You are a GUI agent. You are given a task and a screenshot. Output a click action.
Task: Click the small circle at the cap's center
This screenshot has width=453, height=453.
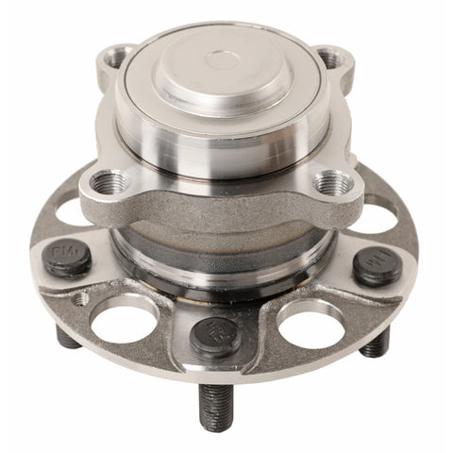pyautogui.click(x=223, y=61)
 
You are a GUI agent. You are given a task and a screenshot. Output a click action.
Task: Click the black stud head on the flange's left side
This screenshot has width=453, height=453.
pyautogui.click(x=68, y=258)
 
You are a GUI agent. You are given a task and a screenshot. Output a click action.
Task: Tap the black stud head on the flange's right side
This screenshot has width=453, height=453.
pyautogui.click(x=377, y=265)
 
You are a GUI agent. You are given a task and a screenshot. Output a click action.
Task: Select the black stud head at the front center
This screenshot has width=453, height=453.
pyautogui.click(x=216, y=335)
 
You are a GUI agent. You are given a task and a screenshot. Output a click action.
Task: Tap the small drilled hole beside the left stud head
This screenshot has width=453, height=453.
pyautogui.click(x=83, y=298)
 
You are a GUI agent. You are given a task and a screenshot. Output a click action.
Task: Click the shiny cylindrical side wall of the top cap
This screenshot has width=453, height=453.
pyautogui.click(x=223, y=142)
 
